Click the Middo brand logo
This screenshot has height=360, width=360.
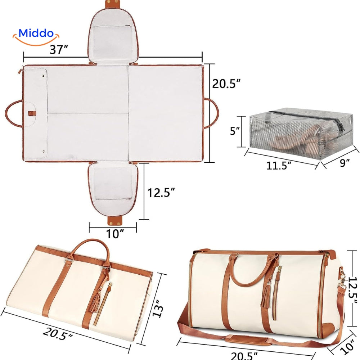pos(36,37)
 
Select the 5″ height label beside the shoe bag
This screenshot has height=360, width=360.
pos(235,131)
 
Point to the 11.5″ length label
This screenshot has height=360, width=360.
pos(279,165)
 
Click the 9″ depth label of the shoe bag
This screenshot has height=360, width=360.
pos(345,163)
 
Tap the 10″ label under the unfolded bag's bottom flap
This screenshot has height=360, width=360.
pos(115,234)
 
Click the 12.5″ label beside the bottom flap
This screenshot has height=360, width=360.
pos(161,192)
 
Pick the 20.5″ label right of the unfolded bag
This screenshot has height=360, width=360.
pos(226,84)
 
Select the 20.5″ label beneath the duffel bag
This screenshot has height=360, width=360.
pos(244,356)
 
